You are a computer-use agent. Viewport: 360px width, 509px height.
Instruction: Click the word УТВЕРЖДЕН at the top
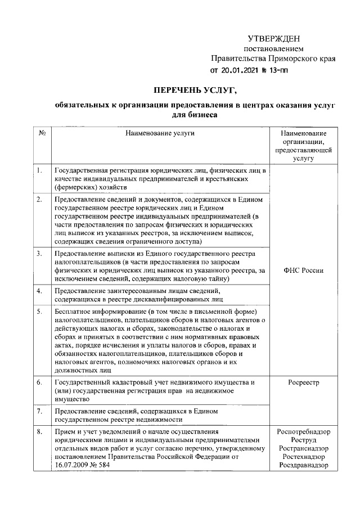[x=274, y=38]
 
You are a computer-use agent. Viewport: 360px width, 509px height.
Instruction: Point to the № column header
[x=42, y=133]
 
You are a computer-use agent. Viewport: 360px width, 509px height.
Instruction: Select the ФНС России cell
[x=304, y=270]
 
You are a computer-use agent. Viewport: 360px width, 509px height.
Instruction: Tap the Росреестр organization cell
[x=304, y=382]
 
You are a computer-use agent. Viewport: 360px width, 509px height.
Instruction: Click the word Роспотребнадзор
[x=304, y=432]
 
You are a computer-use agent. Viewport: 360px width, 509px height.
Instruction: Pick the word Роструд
[x=304, y=440]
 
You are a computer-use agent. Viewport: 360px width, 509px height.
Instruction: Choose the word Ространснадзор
[x=304, y=449]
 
